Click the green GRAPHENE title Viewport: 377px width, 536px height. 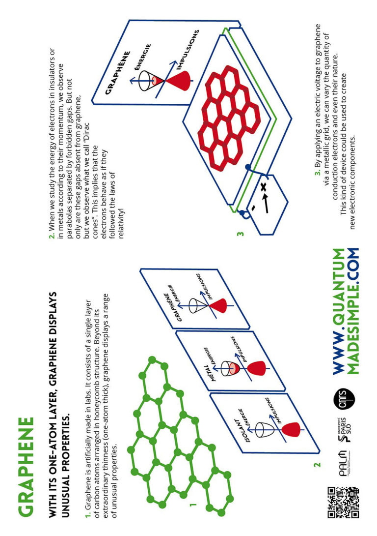click(x=26, y=466)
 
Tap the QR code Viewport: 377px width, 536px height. click(x=343, y=502)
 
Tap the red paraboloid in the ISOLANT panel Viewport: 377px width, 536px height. click(x=291, y=430)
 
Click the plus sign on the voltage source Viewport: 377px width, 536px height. click(x=263, y=187)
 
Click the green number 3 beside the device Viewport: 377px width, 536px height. click(x=241, y=234)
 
